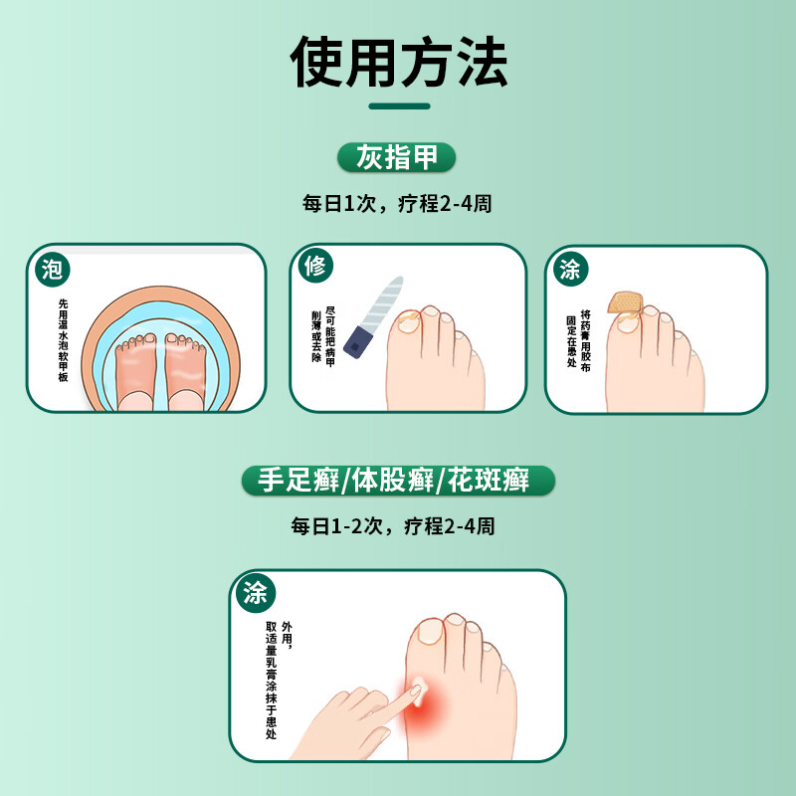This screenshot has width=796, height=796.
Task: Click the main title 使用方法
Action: click(398, 62)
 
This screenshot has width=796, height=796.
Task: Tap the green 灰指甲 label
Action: click(398, 157)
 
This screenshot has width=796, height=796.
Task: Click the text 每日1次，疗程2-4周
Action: click(398, 205)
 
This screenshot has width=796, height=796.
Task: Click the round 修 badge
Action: click(315, 267)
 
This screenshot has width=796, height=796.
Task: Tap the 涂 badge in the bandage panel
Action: click(570, 269)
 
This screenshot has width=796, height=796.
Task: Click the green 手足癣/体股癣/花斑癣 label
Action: click(398, 483)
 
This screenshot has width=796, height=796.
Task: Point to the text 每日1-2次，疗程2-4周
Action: click(398, 525)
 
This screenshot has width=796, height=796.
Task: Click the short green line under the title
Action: click(398, 106)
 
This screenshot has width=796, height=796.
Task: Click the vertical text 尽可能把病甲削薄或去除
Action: click(323, 334)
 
